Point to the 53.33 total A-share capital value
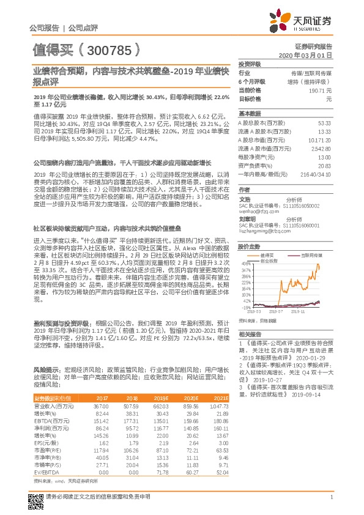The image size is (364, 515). click(x=324, y=122)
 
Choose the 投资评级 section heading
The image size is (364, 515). click(x=250, y=64)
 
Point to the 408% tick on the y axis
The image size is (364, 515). click(x=246, y=261)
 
